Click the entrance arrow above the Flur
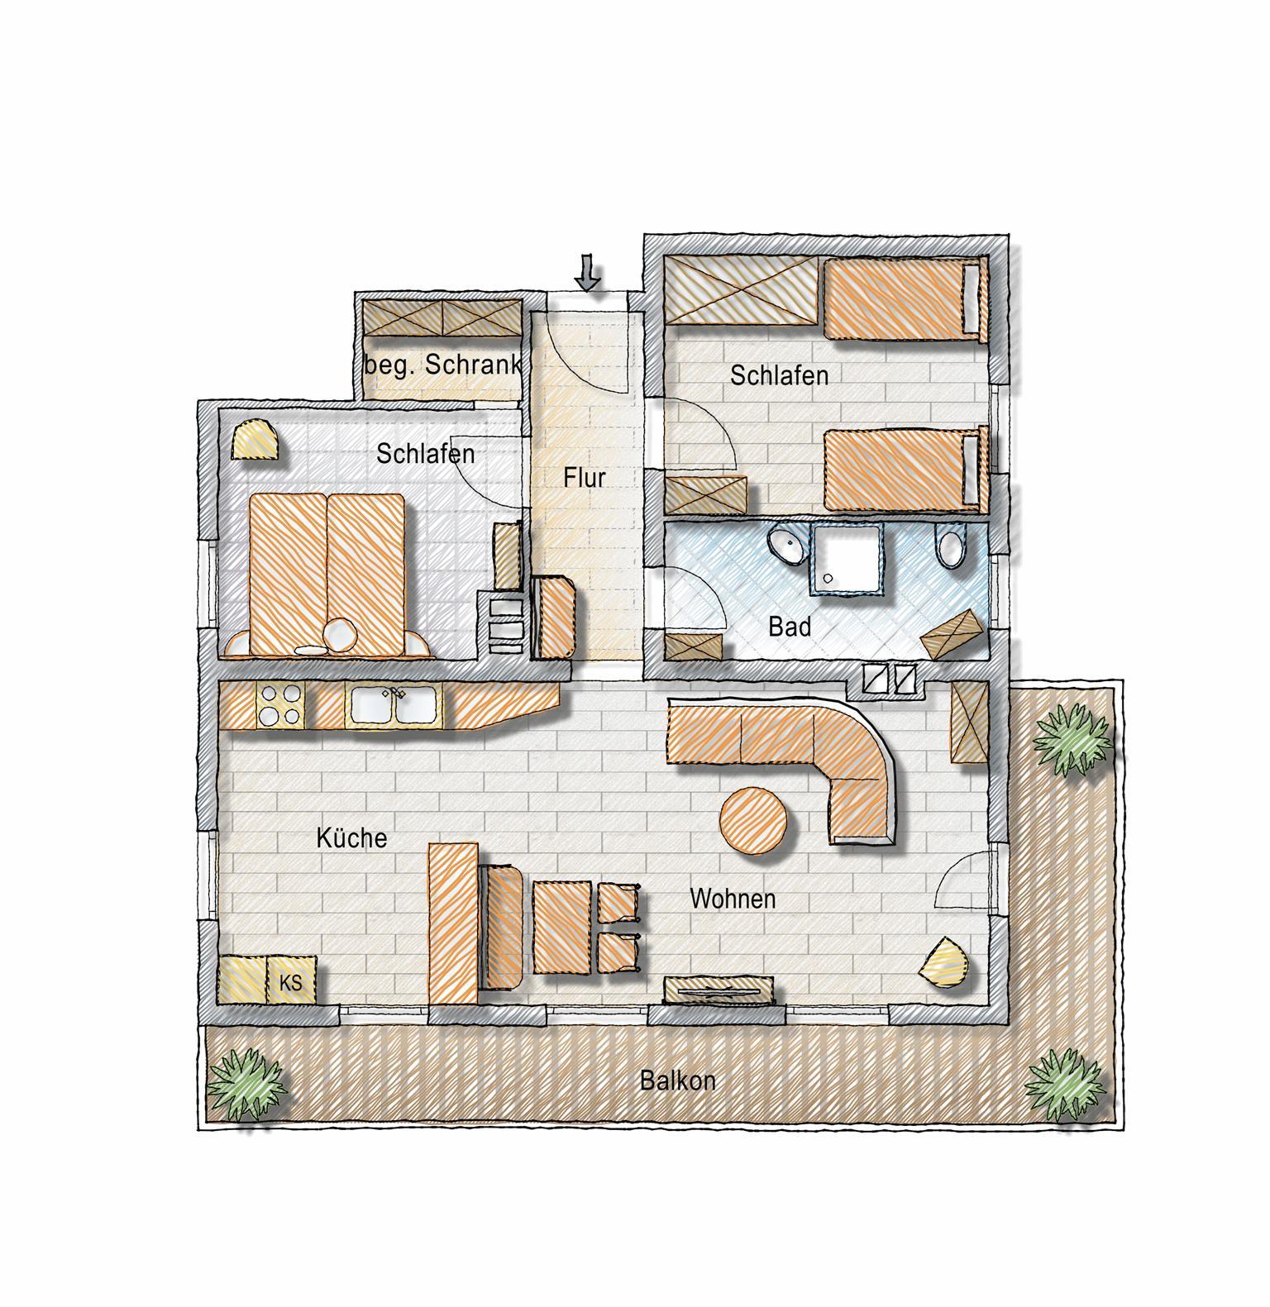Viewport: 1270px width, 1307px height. [588, 273]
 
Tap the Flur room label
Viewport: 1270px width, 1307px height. [585, 478]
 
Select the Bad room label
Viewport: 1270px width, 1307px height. [790, 627]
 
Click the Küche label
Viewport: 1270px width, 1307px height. [351, 838]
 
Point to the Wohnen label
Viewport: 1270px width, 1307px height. [733, 899]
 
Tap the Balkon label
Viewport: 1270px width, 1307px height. [678, 1080]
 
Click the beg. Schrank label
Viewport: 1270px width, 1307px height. [443, 365]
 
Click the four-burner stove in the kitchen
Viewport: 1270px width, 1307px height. [280, 705]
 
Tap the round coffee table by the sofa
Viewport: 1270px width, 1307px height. [754, 821]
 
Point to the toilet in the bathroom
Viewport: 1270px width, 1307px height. [951, 547]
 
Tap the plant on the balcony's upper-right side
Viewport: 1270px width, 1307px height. [1072, 741]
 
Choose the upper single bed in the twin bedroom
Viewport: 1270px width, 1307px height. [906, 298]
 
